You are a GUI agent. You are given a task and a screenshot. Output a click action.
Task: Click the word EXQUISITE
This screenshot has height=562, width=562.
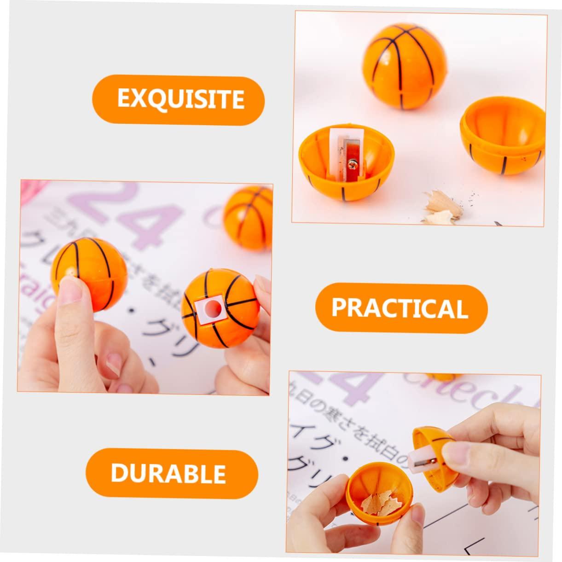(x=180, y=98)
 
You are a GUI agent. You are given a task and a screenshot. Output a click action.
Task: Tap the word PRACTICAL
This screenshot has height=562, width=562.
(x=400, y=307)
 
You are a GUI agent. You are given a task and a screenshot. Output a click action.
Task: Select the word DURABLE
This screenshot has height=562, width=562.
(x=168, y=473)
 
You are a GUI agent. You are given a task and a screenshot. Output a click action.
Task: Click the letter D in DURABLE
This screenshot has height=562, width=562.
(x=119, y=473)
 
